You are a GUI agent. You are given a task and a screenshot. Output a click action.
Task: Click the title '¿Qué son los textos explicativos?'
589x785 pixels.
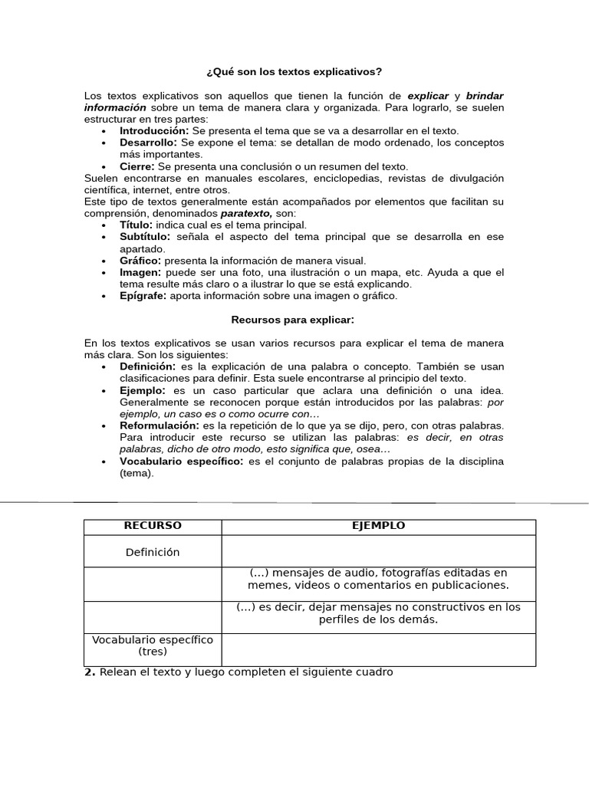(x=294, y=72)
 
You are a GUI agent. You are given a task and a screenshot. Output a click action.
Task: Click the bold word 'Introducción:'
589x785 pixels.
(x=153, y=131)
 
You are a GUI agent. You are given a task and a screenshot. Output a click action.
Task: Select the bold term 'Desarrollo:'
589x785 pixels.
(x=148, y=143)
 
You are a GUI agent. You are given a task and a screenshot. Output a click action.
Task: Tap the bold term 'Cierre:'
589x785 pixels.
(x=137, y=166)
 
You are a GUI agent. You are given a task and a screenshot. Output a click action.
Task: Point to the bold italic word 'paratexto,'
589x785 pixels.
(x=246, y=213)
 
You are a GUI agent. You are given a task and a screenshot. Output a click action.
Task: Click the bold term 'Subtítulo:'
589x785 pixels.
(x=146, y=237)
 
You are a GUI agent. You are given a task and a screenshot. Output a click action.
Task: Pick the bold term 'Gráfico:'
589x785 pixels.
(x=140, y=261)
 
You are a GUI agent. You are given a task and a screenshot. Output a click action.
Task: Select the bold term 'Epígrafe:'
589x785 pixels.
(x=143, y=296)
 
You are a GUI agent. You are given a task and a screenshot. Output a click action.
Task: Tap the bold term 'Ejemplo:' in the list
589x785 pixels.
(x=142, y=390)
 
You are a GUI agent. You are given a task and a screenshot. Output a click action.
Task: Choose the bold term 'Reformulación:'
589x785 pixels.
(x=159, y=425)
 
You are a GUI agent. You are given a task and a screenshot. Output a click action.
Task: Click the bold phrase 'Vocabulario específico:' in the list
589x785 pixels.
(x=181, y=461)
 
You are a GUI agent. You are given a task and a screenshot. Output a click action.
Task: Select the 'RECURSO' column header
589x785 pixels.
(x=153, y=526)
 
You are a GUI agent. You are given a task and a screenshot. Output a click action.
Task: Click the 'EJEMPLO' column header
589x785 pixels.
(x=378, y=526)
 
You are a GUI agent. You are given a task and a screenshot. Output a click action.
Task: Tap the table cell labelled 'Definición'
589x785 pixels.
(x=153, y=552)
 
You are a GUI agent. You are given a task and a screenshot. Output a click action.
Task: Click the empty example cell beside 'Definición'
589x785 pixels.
(x=378, y=552)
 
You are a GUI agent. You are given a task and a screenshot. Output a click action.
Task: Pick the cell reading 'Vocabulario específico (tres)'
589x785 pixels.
(x=153, y=645)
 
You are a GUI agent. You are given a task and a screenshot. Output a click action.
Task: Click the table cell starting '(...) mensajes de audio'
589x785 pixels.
(x=378, y=579)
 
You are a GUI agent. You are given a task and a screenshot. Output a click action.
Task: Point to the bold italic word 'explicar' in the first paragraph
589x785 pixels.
(x=428, y=96)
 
